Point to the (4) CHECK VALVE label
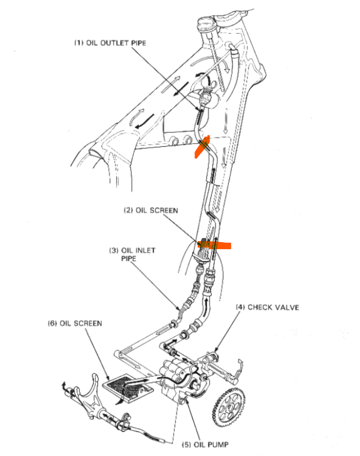(x=266, y=307)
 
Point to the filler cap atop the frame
(x=206, y=24)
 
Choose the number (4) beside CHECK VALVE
(x=241, y=307)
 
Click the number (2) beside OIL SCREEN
(x=128, y=210)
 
